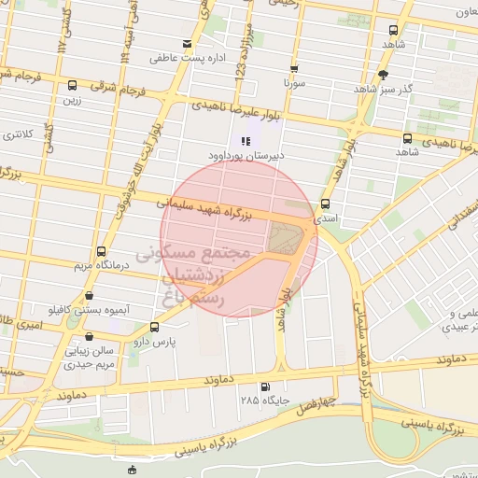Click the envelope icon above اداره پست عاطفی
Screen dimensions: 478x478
coord(188,44)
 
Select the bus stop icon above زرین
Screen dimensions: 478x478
coord(68,81)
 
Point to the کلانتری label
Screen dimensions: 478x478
coord(18,134)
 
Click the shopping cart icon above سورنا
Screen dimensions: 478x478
coord(294,68)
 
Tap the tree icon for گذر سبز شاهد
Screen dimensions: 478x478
coord(383,75)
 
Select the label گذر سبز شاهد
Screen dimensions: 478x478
coord(383,88)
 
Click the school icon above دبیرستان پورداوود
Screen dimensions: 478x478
coord(220,141)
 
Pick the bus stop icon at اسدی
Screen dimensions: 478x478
coord(325,204)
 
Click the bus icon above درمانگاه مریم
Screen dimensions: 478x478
coord(101,251)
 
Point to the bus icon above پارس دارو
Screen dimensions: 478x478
coord(154,327)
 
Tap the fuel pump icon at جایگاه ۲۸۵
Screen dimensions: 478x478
coord(265,387)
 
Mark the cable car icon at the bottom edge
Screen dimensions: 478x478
coord(133,470)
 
